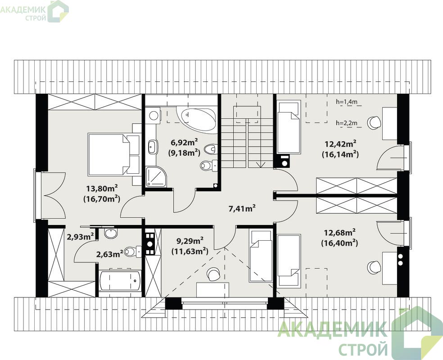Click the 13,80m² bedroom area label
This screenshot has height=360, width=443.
pyautogui.click(x=102, y=188)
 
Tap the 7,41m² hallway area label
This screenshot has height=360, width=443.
pyautogui.click(x=242, y=209)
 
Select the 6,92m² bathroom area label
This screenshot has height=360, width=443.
pyautogui.click(x=184, y=142)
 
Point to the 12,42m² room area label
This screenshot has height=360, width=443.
pyautogui.click(x=340, y=144)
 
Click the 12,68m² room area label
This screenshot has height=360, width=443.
pyautogui.click(x=339, y=233)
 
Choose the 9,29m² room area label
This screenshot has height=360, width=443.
pyautogui.click(x=190, y=241)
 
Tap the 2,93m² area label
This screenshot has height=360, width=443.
pyautogui.click(x=80, y=237)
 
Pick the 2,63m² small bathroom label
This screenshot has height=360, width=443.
pyautogui.click(x=109, y=254)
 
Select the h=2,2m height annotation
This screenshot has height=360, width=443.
pyautogui.click(x=347, y=123)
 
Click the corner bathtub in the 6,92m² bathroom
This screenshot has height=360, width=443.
pyautogui.click(x=197, y=119)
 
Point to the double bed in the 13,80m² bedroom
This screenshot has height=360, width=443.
pyautogui.click(x=114, y=155)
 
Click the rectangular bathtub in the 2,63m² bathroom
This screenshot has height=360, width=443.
pyautogui.click(x=120, y=281)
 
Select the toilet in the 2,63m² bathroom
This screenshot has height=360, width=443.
pyautogui.click(x=133, y=251)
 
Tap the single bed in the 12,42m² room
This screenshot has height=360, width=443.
pyautogui.click(x=288, y=128)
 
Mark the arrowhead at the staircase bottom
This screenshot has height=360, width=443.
pyautogui.click(x=260, y=165)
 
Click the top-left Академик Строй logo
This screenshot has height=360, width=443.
pyautogui.click(x=34, y=12)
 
